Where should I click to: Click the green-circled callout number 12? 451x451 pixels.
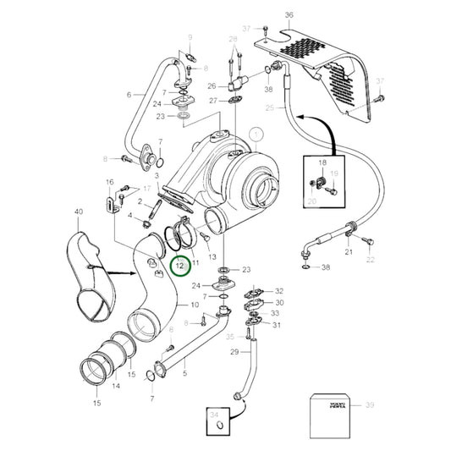(x=179, y=265)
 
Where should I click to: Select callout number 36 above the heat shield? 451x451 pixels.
(x=289, y=15)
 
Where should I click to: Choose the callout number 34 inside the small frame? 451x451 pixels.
(x=214, y=415)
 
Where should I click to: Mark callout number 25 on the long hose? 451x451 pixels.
(x=269, y=108)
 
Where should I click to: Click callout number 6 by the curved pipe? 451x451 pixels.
(x=129, y=95)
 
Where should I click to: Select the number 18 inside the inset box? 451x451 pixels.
(x=321, y=162)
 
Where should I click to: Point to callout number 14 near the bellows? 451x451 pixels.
(x=116, y=386)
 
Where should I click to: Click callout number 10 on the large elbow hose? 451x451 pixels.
(x=195, y=305)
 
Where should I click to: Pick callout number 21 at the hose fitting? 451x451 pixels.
(x=348, y=252)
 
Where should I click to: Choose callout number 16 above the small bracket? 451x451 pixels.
(x=109, y=182)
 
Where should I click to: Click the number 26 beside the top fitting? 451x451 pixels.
(x=212, y=85)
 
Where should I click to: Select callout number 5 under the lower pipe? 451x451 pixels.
(x=186, y=373)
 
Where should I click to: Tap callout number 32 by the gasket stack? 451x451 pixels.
(x=279, y=291)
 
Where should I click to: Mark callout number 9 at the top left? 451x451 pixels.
(x=190, y=38)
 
